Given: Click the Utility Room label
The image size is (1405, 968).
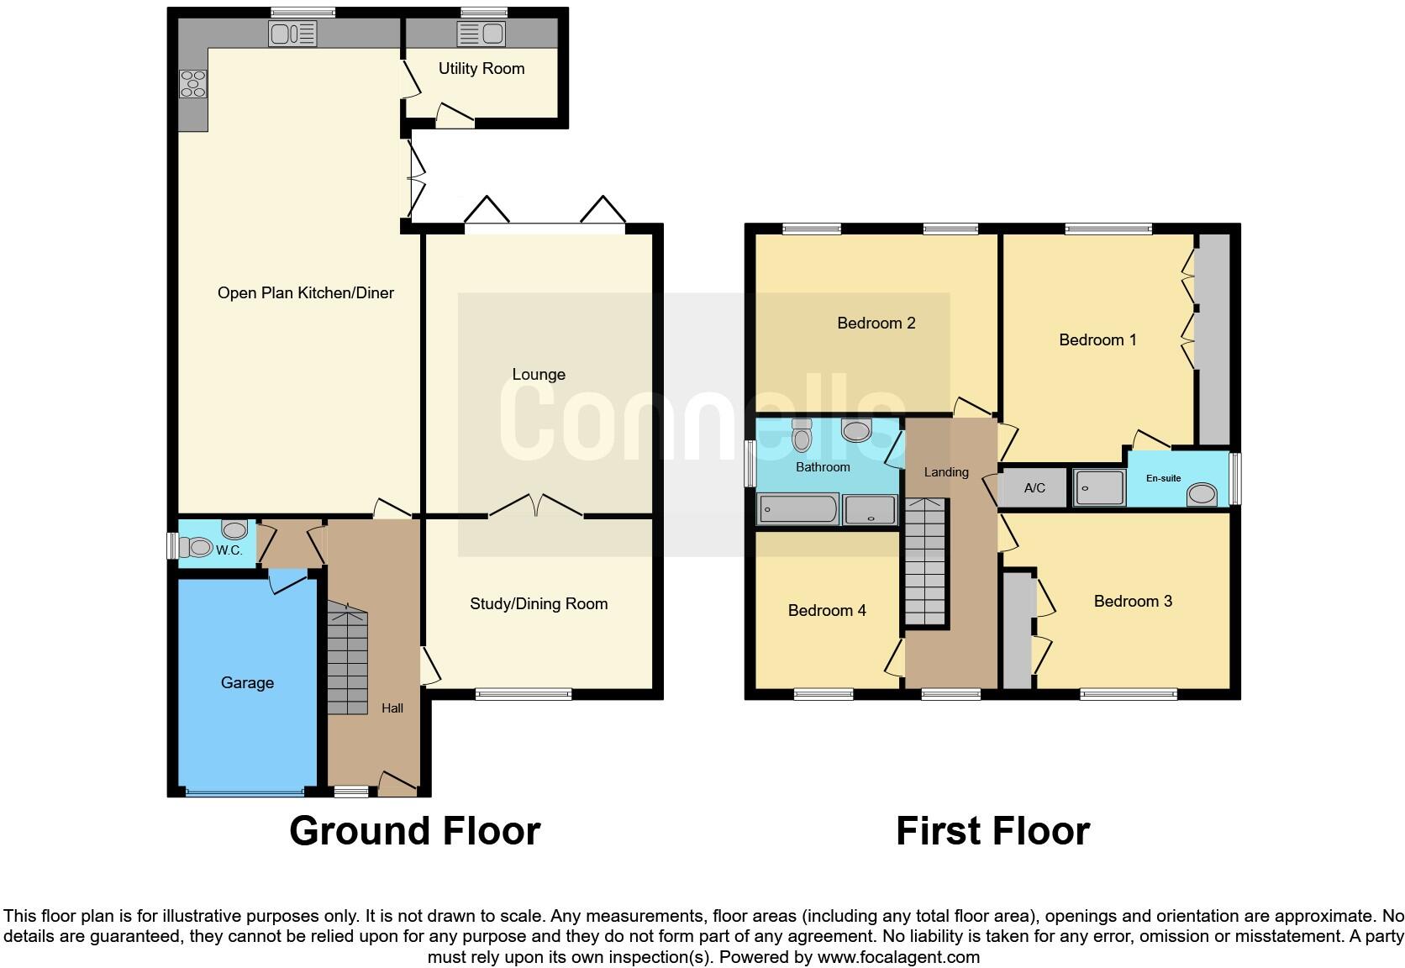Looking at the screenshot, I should pos(481,69).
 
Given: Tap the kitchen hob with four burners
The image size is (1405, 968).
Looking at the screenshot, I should pos(193,84).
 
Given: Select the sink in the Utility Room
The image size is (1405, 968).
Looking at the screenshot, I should pos(481,34).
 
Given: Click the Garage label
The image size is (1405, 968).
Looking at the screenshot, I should pos(247,682).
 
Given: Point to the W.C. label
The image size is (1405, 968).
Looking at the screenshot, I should pos(229,550).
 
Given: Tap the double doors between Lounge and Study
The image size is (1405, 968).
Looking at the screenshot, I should pos(536,506).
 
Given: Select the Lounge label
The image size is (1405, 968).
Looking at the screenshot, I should pos(539,374).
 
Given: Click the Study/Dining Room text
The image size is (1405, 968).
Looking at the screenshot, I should pos(539,603).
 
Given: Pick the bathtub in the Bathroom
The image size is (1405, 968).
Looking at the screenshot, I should pos(797,508).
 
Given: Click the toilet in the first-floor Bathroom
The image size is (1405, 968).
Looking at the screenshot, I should pos(802,435).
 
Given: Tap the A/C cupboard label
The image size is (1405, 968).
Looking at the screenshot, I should pos(1034,487).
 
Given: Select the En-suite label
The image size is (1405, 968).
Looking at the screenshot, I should pos(1164,478).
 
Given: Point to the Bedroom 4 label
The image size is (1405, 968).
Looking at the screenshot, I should pos(827,610).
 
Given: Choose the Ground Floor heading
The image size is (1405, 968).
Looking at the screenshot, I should pos(414,830).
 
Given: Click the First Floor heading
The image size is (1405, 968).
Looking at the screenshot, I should pos(992,830).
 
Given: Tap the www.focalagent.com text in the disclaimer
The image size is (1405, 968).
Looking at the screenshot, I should pos(898,956).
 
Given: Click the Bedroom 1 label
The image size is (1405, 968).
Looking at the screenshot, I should pos(1097,339).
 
